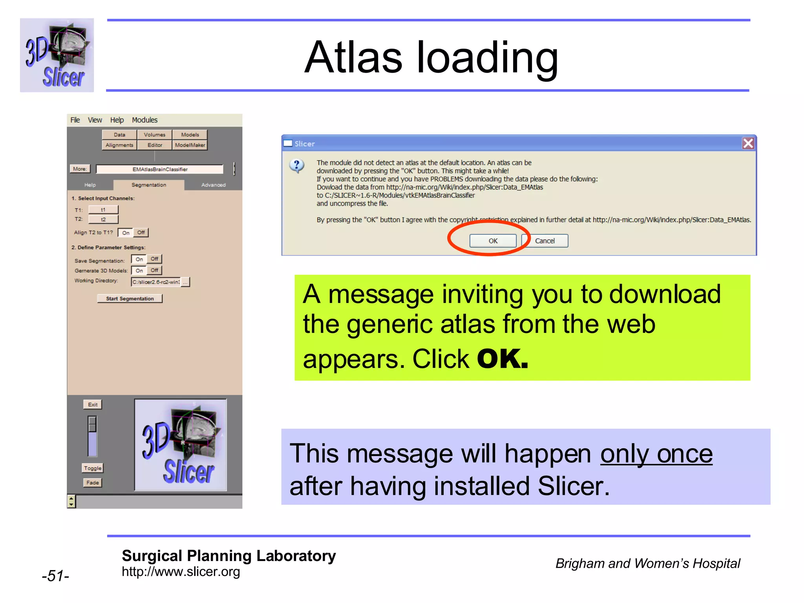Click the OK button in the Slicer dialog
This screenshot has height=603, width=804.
pos(493,241)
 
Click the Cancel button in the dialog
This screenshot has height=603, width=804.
pos(545,241)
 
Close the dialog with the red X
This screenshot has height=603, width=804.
pos(748,143)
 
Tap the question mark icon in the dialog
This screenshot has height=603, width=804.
pos(297,166)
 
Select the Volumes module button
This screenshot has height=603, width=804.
pos(154,135)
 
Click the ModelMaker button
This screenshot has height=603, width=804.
pos(190,145)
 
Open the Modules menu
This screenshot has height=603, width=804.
pos(144,120)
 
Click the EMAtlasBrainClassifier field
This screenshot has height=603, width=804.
pos(160,169)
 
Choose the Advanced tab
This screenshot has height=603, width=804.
pos(213,185)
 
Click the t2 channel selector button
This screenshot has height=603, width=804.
pos(103,219)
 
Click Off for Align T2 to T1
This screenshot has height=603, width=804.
pos(141,232)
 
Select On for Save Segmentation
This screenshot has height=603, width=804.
pos(139,259)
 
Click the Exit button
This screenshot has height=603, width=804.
pos(93,404)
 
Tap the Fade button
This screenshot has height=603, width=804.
pos(93,482)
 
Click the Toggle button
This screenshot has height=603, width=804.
pos(93,468)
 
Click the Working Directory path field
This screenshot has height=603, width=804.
pos(156,282)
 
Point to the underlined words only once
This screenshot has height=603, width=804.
pos(656,454)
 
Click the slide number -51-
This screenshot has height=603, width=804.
pos(55,576)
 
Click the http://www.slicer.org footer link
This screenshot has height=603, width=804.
pos(181,572)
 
